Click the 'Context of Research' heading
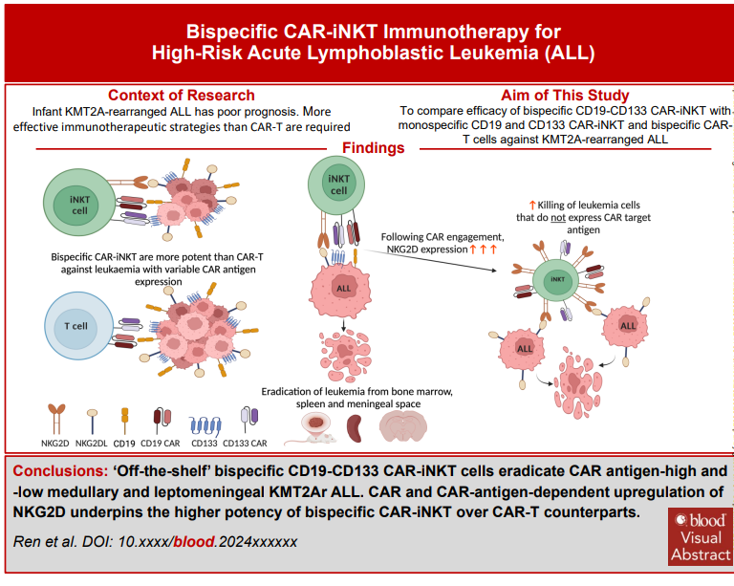point(181,95)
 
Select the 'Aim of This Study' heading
point(565,95)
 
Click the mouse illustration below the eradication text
point(316,426)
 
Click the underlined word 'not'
point(576,217)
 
